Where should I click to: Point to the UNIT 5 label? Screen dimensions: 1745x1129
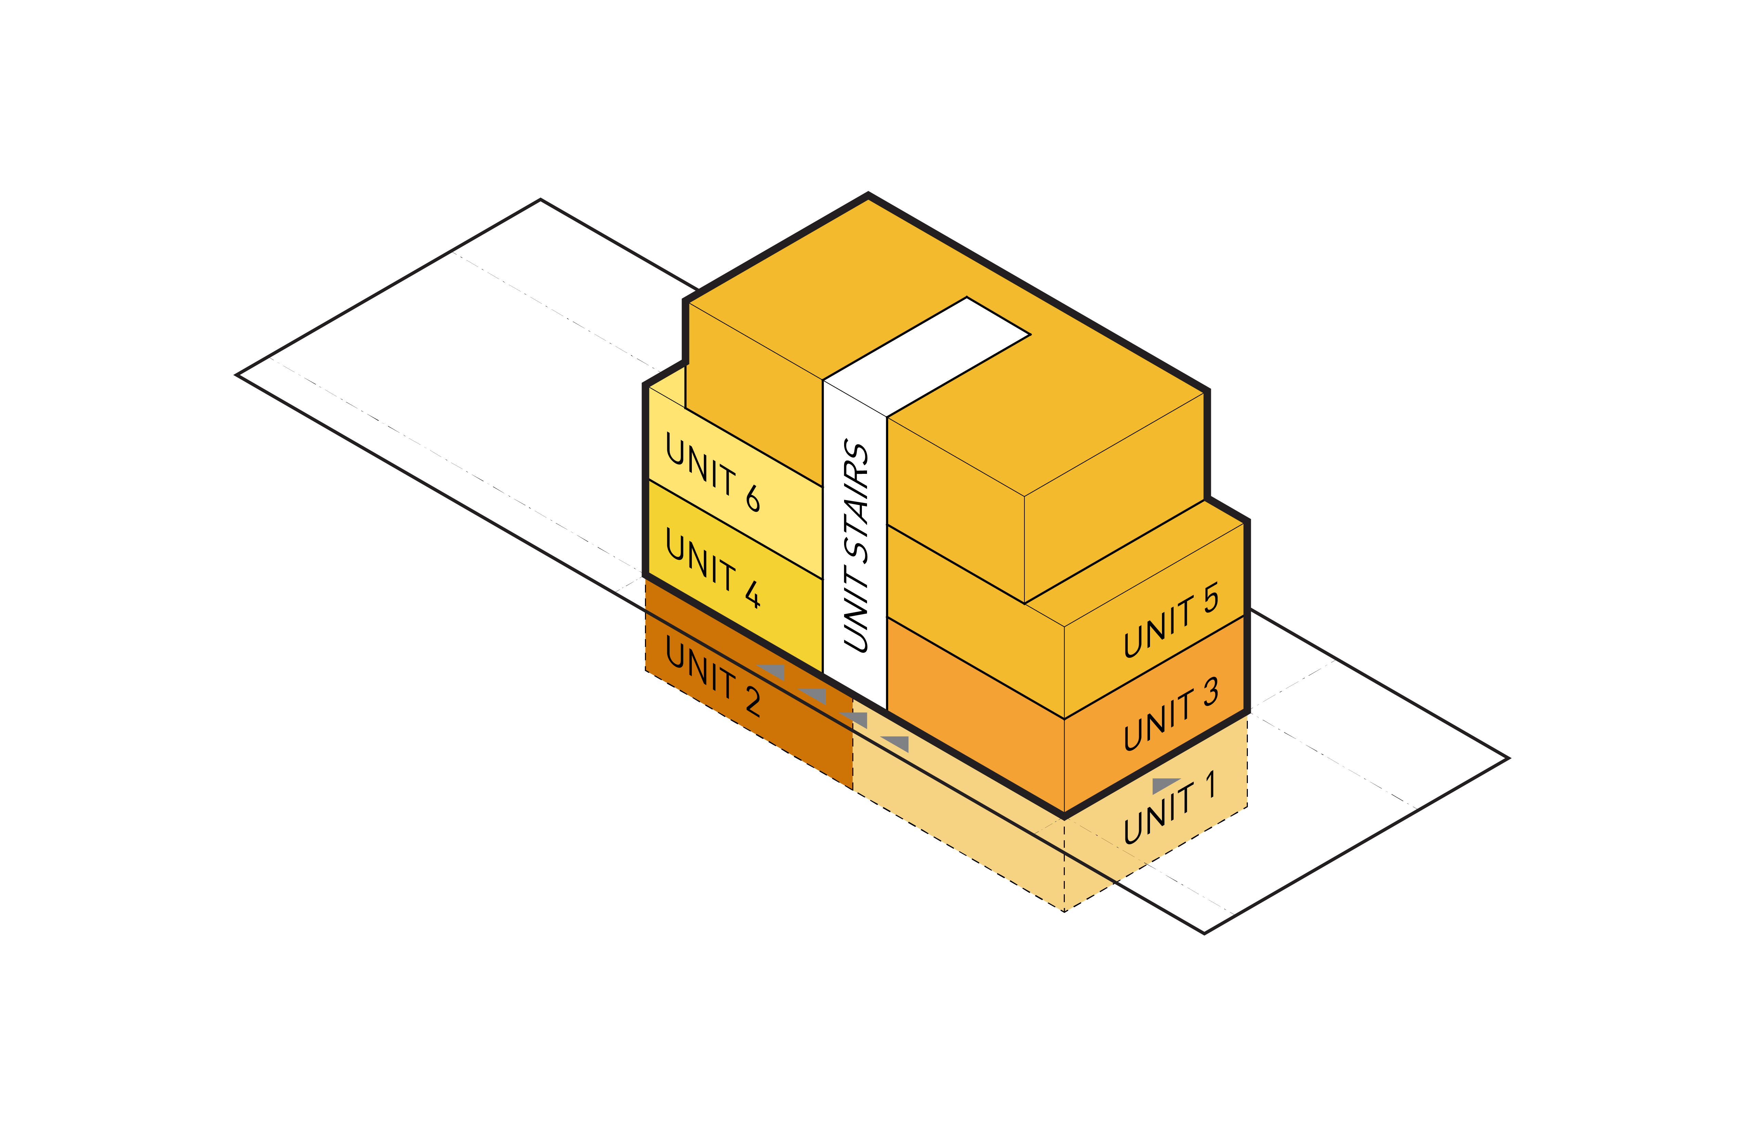[1171, 620]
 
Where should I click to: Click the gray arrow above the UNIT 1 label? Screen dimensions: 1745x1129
[1165, 785]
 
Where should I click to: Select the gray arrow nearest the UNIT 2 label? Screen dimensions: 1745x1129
[771, 671]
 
